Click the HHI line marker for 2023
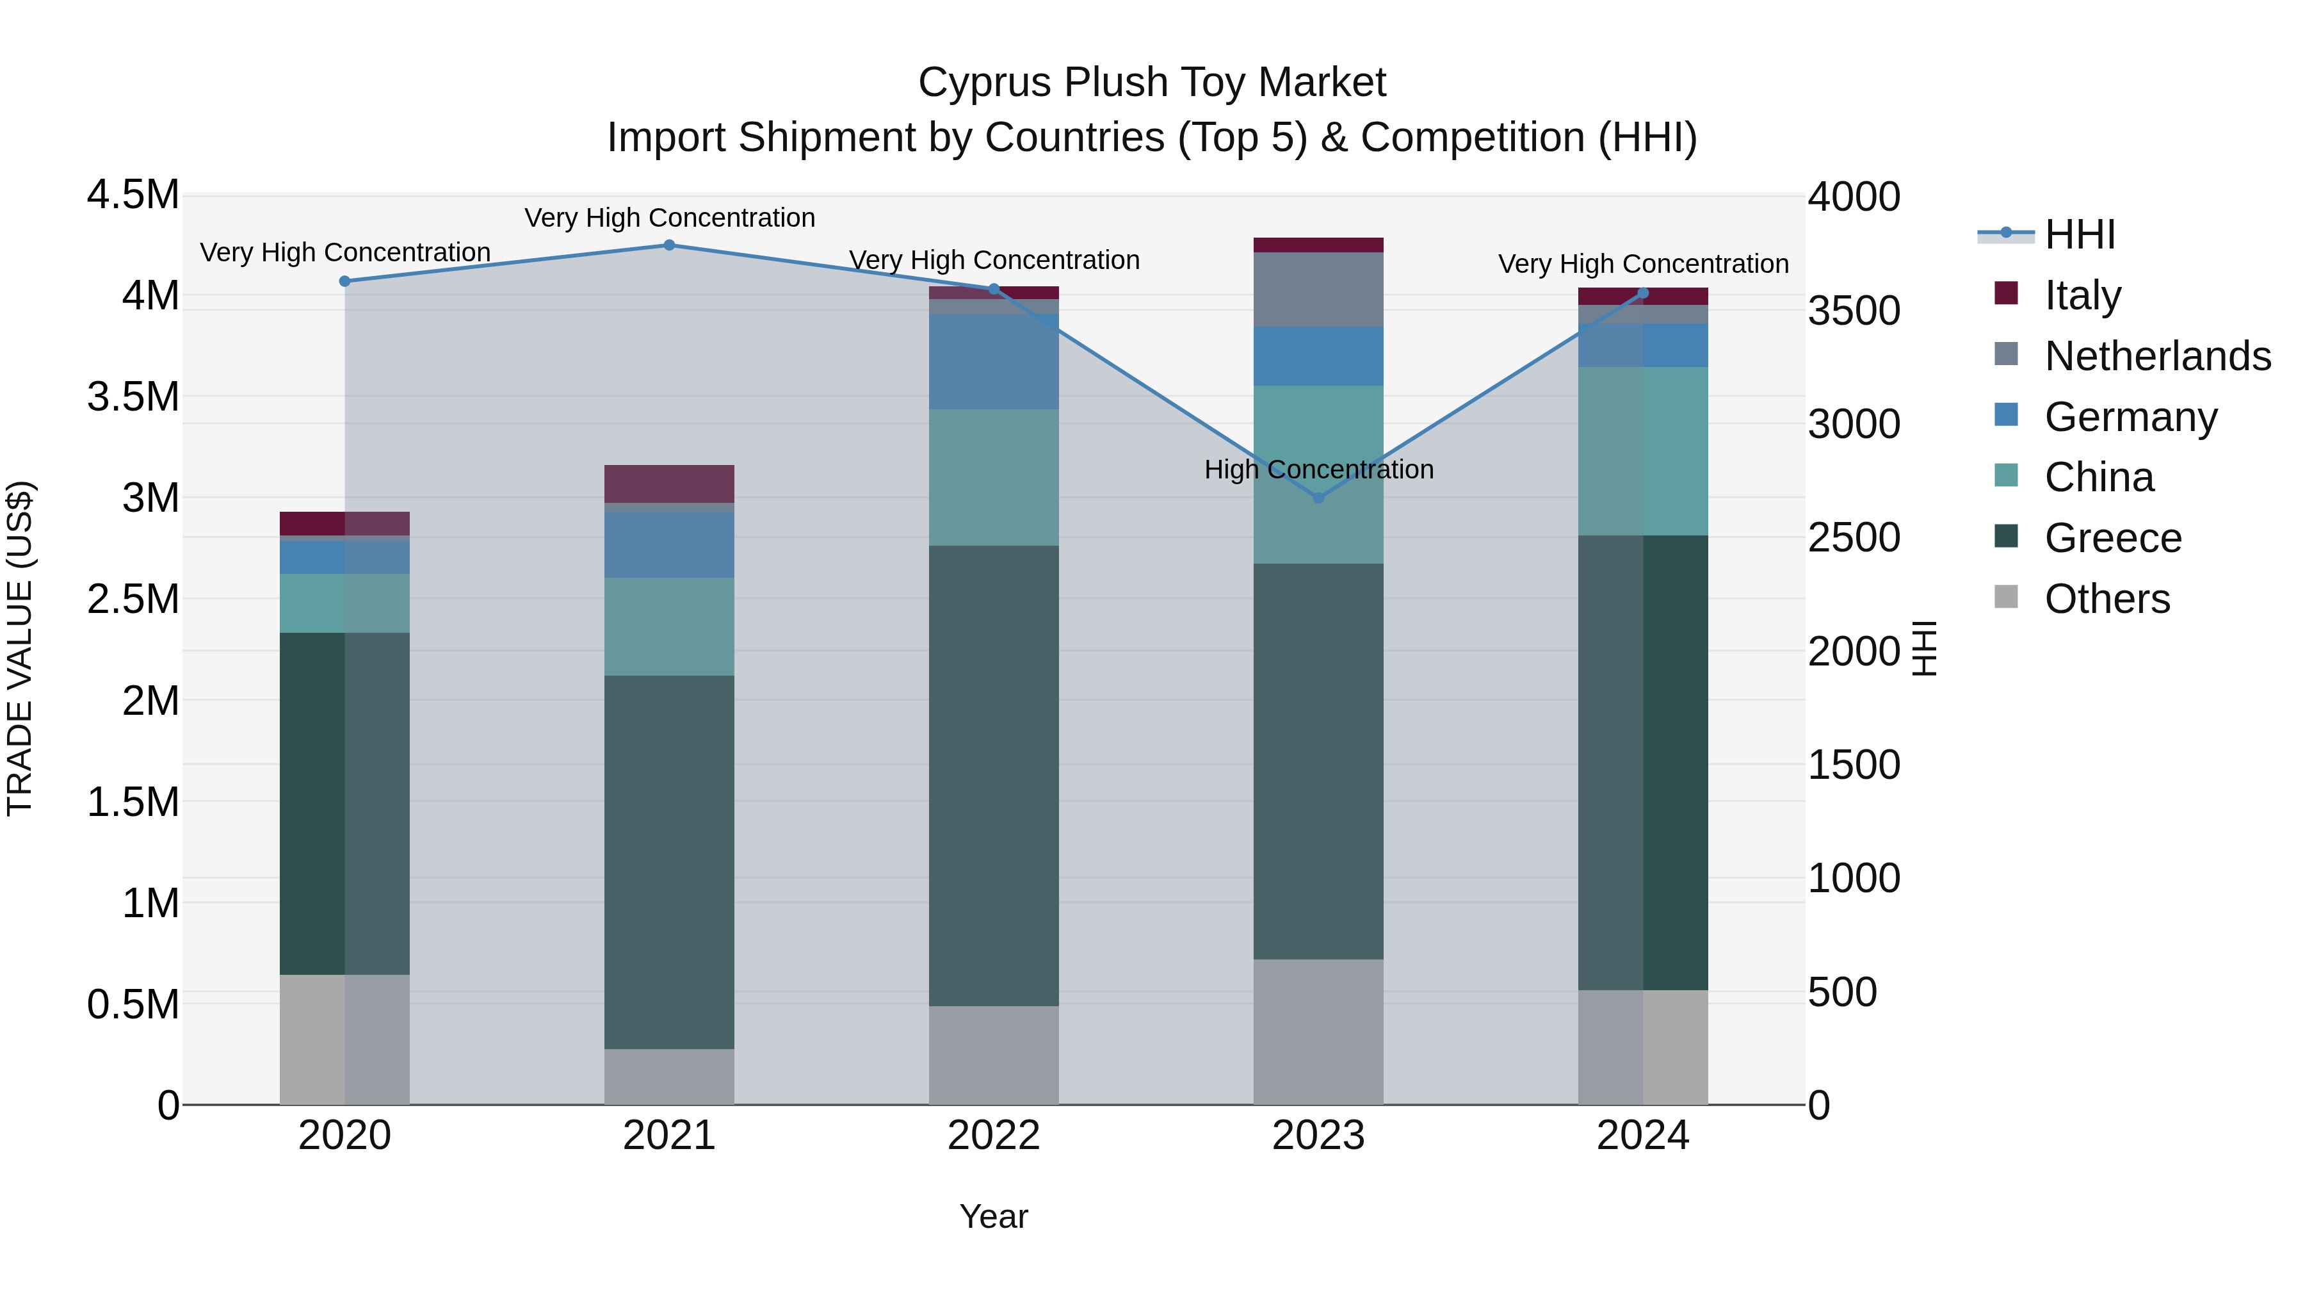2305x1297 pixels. (x=1318, y=498)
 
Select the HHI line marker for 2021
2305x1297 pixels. (x=669, y=245)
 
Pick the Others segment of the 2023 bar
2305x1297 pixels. (x=1318, y=1032)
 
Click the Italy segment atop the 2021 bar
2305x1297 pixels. (x=669, y=484)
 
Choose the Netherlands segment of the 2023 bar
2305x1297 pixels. (x=1318, y=289)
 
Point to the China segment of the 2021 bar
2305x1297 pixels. (x=669, y=626)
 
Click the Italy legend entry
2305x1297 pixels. (x=2082, y=295)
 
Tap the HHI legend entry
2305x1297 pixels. (x=2080, y=234)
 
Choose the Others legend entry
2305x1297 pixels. (x=2107, y=599)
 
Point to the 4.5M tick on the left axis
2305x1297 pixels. (x=133, y=195)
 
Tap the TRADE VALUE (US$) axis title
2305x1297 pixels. (x=20, y=648)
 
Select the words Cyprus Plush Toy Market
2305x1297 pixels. (x=1152, y=83)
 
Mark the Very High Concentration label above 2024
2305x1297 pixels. (x=1643, y=264)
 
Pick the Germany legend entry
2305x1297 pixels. (x=2130, y=417)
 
